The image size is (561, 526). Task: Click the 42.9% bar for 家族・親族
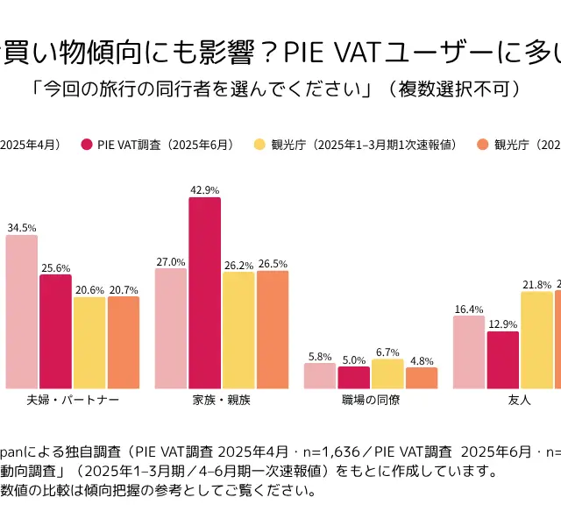pyautogui.click(x=204, y=293)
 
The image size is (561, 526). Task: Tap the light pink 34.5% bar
pyautogui.click(x=21, y=311)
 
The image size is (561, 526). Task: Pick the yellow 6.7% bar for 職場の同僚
pyautogui.click(x=387, y=373)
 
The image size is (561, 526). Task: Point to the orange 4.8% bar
pyautogui.click(x=422, y=378)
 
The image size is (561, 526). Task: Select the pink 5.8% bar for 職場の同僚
pyautogui.click(x=320, y=375)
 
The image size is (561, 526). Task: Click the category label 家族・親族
pyautogui.click(x=222, y=400)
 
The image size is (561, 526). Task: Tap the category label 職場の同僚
pyautogui.click(x=371, y=400)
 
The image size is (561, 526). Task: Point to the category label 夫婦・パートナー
pyautogui.click(x=73, y=400)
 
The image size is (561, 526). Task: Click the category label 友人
pyautogui.click(x=520, y=400)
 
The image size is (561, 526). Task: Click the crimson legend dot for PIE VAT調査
pyautogui.click(x=87, y=145)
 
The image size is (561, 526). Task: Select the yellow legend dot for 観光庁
pyautogui.click(x=259, y=145)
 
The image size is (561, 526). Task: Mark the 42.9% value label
pyautogui.click(x=204, y=189)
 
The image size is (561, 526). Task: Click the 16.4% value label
pyautogui.click(x=469, y=309)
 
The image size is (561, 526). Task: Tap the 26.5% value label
pyautogui.click(x=273, y=263)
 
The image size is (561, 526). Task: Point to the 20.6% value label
pyautogui.click(x=89, y=289)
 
